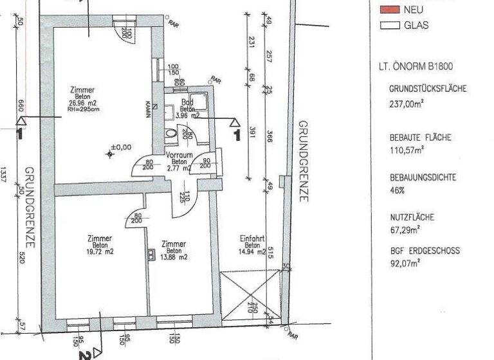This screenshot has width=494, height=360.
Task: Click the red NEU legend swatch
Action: [x=389, y=10]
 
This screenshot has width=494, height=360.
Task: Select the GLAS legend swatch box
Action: [x=389, y=26]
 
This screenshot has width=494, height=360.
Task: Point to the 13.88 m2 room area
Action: [x=174, y=257]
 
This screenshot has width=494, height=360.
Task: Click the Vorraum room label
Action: [x=179, y=156]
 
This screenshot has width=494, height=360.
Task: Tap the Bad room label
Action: [x=187, y=102]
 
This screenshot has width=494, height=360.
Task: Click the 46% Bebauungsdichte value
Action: [x=398, y=190]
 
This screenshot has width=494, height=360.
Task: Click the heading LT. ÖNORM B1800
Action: [x=417, y=66]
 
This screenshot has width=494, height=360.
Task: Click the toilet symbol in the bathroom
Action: [x=170, y=134]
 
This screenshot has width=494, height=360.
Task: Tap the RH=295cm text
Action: [x=82, y=110]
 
